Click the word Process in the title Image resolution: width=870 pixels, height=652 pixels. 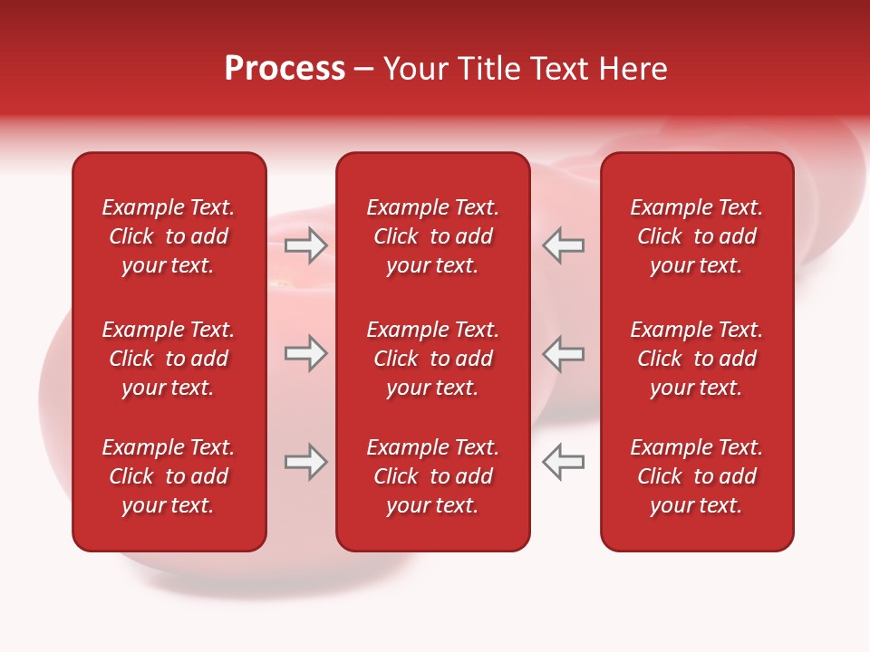click(285, 69)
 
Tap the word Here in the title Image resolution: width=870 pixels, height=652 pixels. click(633, 69)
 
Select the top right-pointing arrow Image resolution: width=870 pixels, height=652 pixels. click(306, 245)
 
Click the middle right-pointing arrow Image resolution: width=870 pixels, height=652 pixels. click(306, 353)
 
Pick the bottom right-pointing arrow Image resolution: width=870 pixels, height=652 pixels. click(306, 462)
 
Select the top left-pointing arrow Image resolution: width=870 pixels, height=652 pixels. click(563, 245)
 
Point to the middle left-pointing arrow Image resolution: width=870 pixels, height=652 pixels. click(563, 353)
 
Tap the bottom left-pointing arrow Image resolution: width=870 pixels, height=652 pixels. click(563, 462)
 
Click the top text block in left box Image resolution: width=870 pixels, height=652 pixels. click(169, 236)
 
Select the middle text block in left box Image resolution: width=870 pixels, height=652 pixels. click(169, 359)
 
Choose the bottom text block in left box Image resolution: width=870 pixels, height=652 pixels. click(169, 476)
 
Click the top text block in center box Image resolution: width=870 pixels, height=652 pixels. click(432, 236)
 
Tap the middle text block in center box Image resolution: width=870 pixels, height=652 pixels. click(432, 359)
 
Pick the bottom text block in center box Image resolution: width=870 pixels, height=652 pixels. click(432, 476)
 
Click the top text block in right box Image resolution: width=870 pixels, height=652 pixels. click(696, 236)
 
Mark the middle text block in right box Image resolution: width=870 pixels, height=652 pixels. click(696, 359)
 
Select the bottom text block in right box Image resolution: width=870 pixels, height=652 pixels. click(696, 476)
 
